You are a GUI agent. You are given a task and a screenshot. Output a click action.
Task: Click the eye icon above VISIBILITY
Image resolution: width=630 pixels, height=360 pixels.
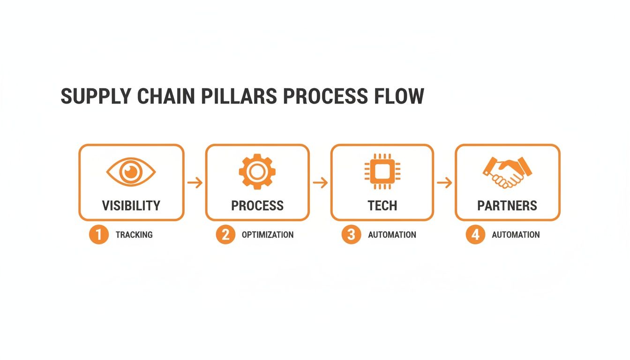click(x=131, y=172)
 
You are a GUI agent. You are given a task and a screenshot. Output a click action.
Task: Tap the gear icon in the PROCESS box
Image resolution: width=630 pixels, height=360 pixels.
click(x=257, y=172)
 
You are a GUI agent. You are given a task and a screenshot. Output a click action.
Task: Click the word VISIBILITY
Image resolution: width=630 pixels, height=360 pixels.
click(x=131, y=205)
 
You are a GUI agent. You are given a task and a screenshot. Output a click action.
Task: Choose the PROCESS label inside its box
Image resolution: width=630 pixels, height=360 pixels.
click(x=257, y=205)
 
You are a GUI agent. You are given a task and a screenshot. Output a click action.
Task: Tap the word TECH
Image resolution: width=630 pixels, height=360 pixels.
click(x=382, y=205)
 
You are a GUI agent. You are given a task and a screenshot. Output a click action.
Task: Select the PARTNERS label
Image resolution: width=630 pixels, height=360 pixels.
click(x=507, y=205)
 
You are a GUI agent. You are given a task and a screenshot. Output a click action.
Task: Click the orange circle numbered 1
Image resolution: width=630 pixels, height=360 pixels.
click(x=98, y=234)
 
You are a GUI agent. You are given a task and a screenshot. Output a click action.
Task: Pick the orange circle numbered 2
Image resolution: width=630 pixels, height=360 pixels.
click(x=225, y=234)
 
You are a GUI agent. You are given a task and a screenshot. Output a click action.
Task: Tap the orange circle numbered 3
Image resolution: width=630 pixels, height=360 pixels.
click(x=351, y=234)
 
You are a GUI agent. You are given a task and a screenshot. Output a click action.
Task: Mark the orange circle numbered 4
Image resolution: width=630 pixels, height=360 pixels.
click(x=475, y=234)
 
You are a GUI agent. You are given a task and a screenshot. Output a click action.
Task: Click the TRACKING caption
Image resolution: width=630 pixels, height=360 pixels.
click(x=134, y=234)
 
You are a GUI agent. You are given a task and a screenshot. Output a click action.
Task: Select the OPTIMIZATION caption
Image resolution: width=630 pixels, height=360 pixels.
click(x=268, y=234)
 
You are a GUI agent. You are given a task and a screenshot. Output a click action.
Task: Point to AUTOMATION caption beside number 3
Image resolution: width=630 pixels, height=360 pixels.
click(x=392, y=234)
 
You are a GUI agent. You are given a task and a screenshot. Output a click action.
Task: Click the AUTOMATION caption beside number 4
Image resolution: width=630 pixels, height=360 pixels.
click(x=516, y=234)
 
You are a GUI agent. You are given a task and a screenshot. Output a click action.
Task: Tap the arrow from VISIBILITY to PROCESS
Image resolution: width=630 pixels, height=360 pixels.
click(x=195, y=182)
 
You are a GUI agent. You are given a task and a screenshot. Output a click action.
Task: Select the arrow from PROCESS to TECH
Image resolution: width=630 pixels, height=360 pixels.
click(x=320, y=182)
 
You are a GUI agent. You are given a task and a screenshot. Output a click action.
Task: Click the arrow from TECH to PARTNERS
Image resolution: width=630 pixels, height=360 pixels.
click(x=444, y=182)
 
